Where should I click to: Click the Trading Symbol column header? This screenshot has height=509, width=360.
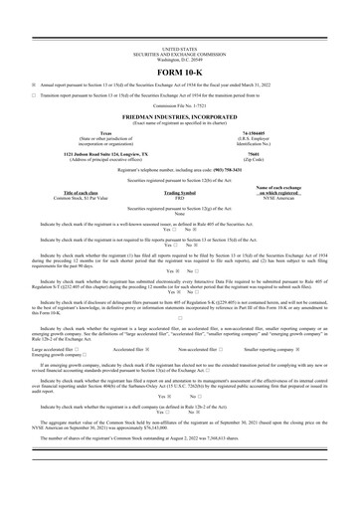click(x=179, y=193)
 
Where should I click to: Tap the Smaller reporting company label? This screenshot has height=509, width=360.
click(x=284, y=350)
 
